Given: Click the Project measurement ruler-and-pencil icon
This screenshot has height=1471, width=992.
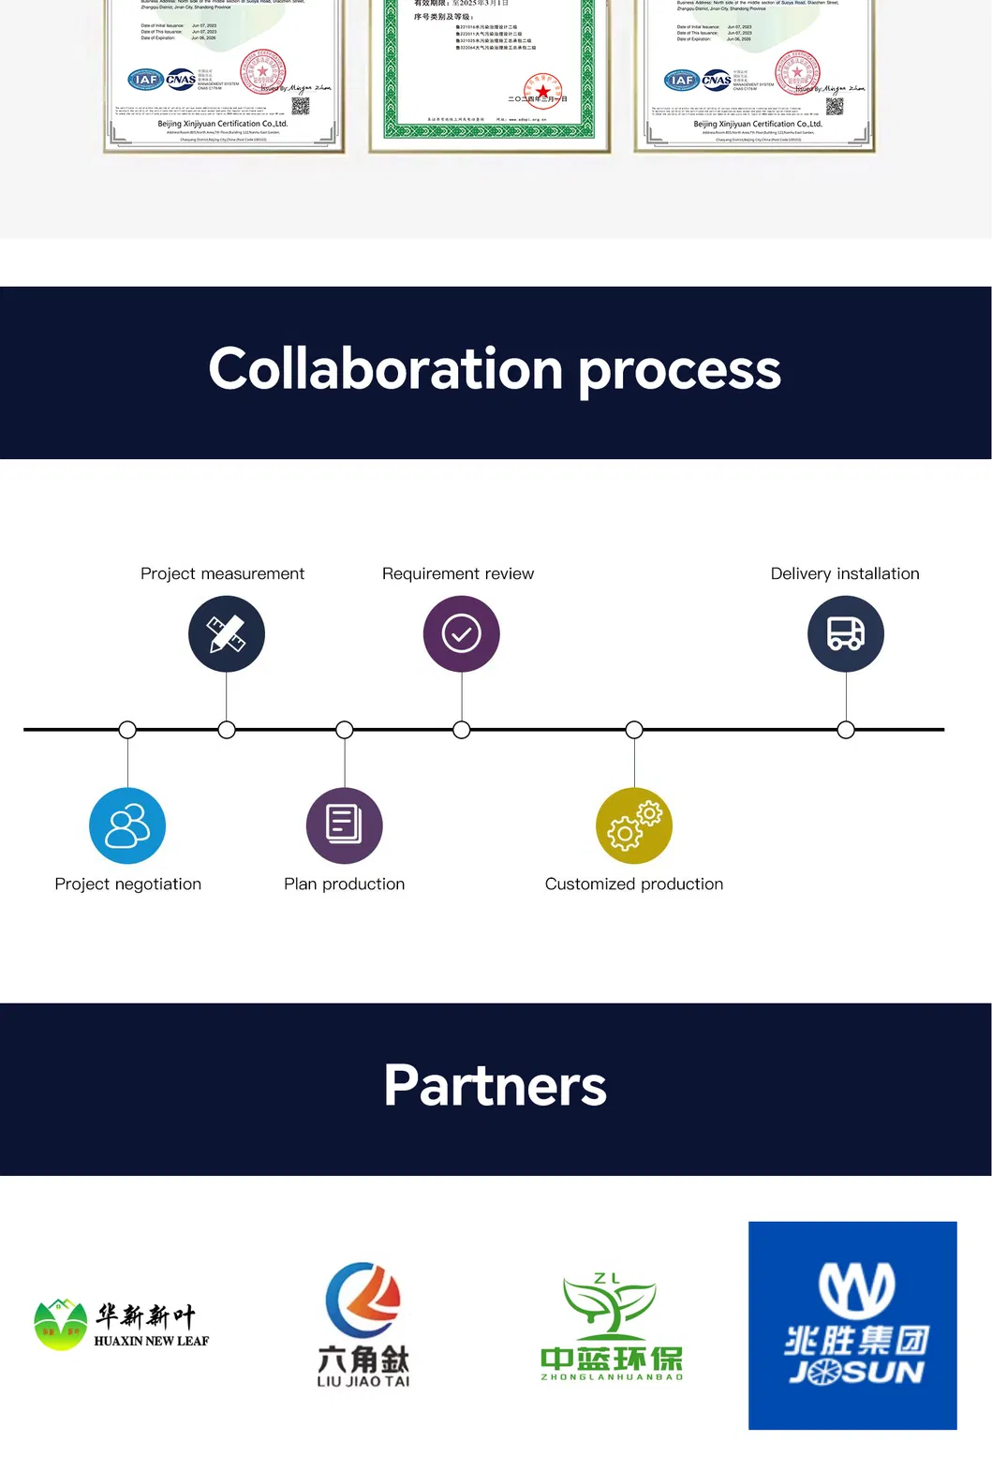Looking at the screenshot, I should [227, 634].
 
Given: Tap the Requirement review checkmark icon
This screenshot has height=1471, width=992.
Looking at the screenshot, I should [461, 634].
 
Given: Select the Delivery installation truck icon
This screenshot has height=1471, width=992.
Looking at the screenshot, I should [845, 634].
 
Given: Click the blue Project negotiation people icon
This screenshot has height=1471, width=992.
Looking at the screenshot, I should [127, 825].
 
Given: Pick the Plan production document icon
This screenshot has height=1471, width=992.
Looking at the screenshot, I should [344, 825].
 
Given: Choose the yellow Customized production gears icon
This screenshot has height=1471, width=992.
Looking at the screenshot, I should [634, 825].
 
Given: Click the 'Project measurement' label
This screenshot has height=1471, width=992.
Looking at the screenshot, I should [222, 573].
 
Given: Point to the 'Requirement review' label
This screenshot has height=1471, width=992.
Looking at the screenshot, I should [457, 573].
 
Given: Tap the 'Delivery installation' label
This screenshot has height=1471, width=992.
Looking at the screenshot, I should [844, 573].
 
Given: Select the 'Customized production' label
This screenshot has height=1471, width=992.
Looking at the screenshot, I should [633, 884].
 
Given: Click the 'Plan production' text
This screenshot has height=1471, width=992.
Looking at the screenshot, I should [344, 884].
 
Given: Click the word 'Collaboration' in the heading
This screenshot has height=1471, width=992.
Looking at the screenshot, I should [385, 369].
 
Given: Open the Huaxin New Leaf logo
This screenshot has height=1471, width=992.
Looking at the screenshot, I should [122, 1324].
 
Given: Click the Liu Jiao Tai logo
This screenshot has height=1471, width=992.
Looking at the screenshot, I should [363, 1324].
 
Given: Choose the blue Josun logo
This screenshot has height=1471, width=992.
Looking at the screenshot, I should [852, 1325].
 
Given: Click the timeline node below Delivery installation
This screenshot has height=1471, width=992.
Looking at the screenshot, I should [846, 730].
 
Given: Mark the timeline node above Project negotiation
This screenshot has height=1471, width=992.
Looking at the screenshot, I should [127, 730].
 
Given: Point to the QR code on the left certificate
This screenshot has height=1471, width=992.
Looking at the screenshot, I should [300, 106].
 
